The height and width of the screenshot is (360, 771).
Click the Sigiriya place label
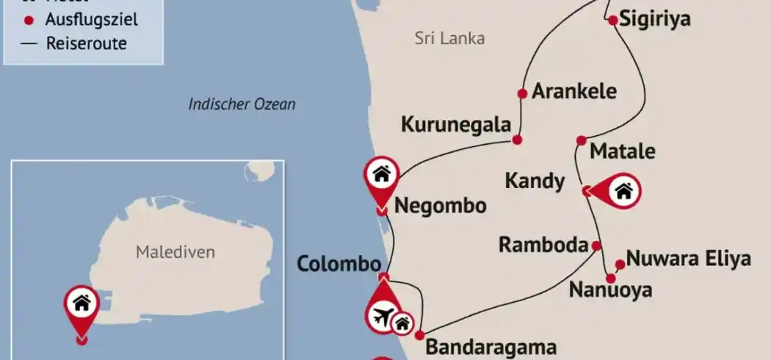(x=655, y=19)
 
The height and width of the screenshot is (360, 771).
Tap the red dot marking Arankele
(x=522, y=93)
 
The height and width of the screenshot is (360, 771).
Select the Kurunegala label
(x=455, y=125)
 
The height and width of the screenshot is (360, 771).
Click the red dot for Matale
(x=581, y=140)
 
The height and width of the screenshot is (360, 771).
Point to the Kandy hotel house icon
(x=623, y=192)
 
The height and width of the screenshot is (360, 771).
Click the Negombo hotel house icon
(x=381, y=174)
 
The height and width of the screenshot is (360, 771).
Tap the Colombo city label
(x=339, y=264)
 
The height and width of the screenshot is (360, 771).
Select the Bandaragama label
(x=491, y=347)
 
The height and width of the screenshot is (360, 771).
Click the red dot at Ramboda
(x=596, y=246)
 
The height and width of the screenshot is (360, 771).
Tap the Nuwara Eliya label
(x=689, y=259)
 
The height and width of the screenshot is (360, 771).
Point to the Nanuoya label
(x=610, y=290)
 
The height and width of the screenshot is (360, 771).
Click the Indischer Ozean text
(x=242, y=104)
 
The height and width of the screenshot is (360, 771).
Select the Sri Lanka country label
(x=449, y=39)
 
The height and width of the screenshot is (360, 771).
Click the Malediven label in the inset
(x=175, y=252)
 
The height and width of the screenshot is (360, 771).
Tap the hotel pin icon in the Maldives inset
(x=82, y=303)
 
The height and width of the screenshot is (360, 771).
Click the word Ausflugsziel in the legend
(x=92, y=20)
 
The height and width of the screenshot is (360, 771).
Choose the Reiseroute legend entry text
(x=86, y=43)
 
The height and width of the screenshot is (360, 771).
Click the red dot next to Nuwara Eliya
(x=620, y=264)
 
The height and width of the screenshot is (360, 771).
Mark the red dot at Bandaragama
(x=419, y=335)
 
